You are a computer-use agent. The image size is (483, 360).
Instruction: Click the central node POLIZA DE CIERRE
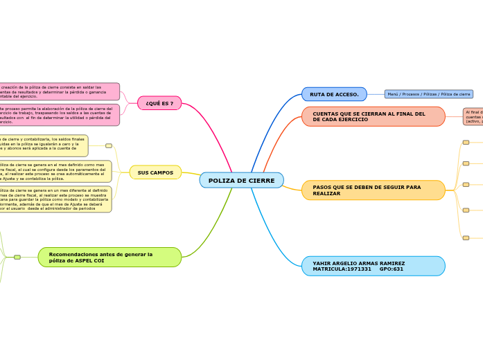241,181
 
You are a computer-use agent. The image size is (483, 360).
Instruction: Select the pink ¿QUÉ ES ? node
159,103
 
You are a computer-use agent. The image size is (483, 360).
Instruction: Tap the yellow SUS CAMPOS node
155,172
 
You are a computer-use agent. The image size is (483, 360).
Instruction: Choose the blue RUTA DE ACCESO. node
334,94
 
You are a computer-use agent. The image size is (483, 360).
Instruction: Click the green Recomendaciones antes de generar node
109,257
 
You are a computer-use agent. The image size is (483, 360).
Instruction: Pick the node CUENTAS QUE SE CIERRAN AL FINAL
373,116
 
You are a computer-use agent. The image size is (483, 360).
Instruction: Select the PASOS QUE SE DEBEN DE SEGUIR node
373,190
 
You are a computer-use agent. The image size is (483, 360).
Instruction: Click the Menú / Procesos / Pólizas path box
429,94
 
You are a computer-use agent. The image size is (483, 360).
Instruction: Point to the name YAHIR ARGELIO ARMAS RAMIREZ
358,263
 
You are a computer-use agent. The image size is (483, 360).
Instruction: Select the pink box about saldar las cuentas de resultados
59,91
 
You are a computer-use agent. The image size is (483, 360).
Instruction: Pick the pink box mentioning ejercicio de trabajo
59,115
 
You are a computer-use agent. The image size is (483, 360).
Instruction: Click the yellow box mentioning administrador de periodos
55,199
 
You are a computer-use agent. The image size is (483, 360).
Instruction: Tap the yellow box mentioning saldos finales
43,145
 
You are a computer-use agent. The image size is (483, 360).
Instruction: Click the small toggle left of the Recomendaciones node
17,257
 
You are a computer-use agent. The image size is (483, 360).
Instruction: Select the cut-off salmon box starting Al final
473,116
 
